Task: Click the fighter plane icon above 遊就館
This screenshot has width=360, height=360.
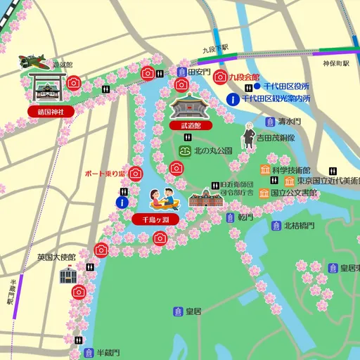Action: tap(34, 61)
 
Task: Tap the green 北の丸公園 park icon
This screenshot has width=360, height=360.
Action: tap(185, 150)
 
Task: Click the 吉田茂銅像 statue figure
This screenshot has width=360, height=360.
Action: tap(248, 137)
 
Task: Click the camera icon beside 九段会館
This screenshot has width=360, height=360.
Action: tap(220, 76)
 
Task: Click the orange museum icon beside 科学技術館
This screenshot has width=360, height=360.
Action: tap(264, 169)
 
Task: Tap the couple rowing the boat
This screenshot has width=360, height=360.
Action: tap(164, 199)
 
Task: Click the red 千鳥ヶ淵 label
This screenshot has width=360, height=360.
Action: tap(155, 219)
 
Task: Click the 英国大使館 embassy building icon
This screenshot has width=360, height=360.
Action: tap(68, 274)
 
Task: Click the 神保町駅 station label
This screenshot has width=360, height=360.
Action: tap(336, 63)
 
